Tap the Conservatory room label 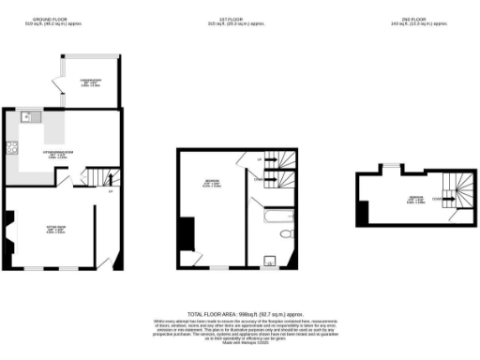pos(89,83)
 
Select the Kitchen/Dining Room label pos(56,154)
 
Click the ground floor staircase pos(97,176)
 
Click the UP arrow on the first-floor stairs pos(260,160)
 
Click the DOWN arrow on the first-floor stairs pos(260,177)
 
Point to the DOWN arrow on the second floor pos(435,199)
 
